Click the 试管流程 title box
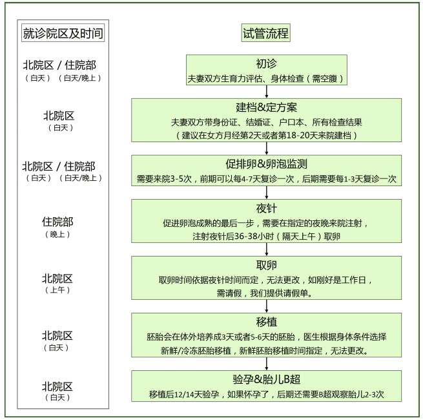click(x=265, y=33)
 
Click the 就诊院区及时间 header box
click(x=63, y=34)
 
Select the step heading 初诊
click(x=265, y=65)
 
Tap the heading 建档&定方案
click(x=266, y=107)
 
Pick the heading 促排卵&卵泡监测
click(x=266, y=164)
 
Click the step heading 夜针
click(x=266, y=209)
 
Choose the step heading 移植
click(x=266, y=321)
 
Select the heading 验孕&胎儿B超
click(x=266, y=379)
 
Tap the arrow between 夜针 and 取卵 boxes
click(x=266, y=250)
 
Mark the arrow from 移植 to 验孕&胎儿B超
click(x=266, y=364)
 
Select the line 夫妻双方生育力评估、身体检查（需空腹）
click(x=265, y=78)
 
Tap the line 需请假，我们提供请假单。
click(x=266, y=293)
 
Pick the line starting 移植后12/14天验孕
click(x=266, y=394)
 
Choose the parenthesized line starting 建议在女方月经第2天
click(x=266, y=135)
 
